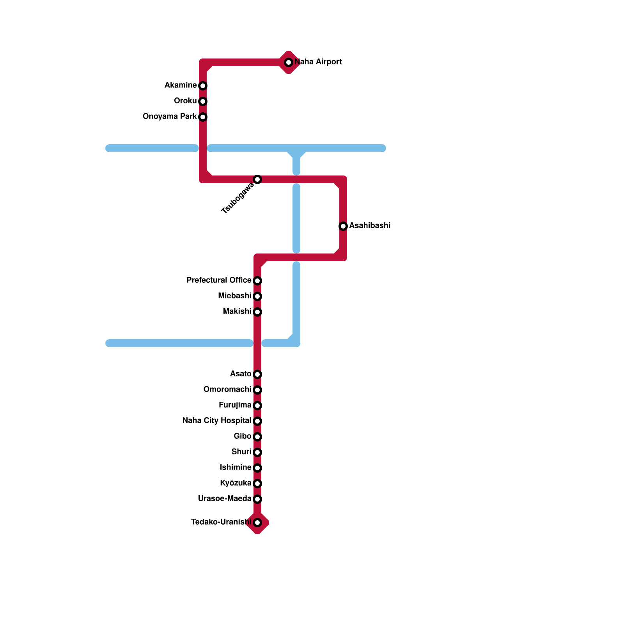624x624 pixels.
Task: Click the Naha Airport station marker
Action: [x=289, y=62]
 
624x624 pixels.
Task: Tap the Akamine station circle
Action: [x=203, y=86]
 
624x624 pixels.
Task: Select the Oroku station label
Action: [x=185, y=101]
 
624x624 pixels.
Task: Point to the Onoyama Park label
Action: [x=170, y=117]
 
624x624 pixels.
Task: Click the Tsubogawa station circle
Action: [x=257, y=179]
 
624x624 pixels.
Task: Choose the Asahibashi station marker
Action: [x=343, y=226]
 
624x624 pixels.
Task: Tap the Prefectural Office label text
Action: [x=219, y=280]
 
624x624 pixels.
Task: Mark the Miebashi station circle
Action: [x=257, y=296]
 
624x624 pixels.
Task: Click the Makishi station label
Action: [x=237, y=312]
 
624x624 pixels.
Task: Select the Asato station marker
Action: [x=257, y=374]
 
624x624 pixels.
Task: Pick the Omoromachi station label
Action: [x=227, y=390]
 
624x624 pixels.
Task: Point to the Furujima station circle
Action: [x=257, y=406]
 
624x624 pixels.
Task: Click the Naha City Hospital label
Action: [x=217, y=421]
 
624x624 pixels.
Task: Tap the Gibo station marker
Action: [x=257, y=437]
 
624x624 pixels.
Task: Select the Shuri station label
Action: [x=241, y=452]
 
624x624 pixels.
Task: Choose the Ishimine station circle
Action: [x=257, y=468]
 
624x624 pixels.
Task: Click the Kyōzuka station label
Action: [x=236, y=483]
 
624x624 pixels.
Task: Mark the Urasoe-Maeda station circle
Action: [x=257, y=499]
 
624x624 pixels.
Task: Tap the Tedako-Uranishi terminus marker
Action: [x=257, y=523]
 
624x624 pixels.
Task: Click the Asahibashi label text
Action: [x=370, y=226]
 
